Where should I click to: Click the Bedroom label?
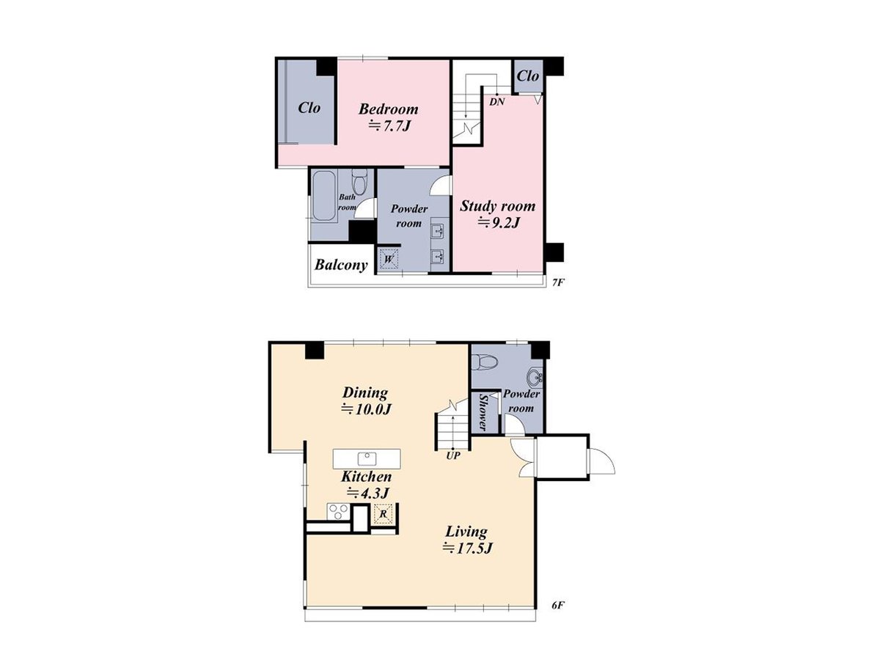[388, 109]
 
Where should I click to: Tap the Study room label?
[497, 206]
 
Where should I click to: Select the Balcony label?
[341, 265]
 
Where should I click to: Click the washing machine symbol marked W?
[388, 259]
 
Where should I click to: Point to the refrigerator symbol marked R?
[383, 515]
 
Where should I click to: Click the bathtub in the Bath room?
[323, 197]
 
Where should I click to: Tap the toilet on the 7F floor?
[359, 180]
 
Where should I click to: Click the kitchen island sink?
[367, 459]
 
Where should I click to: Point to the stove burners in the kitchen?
[338, 511]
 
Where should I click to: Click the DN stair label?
[496, 102]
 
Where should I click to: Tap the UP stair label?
[452, 455]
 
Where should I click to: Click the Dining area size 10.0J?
[364, 410]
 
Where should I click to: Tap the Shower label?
[483, 412]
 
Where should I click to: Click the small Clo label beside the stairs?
[528, 76]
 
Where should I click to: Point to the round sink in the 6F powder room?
[535, 378]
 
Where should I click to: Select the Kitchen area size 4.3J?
[367, 493]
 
